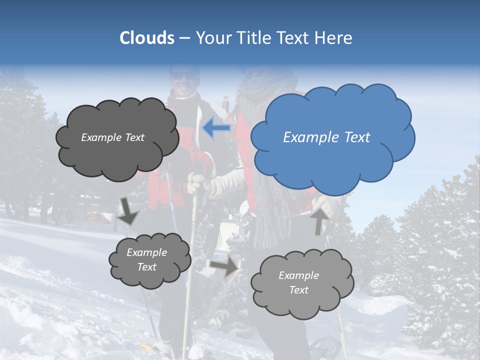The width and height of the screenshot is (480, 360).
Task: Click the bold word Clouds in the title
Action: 146,38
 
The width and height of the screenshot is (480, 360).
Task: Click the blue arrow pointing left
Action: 216,128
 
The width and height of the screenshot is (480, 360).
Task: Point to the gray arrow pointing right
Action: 224,266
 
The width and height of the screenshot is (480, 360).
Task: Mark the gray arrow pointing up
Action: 319,220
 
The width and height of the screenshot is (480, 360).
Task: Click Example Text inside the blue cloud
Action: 326,137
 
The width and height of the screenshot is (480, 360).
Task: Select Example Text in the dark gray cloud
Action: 112,137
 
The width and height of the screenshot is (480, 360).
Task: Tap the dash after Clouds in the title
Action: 184,38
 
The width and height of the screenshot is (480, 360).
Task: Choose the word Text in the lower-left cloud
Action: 146,267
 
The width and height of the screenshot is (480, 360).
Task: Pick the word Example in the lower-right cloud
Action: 298,275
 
